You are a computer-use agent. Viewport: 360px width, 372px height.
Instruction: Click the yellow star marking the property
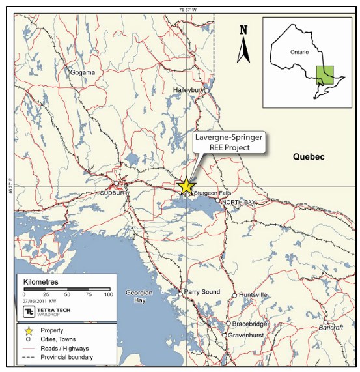tap(186, 186)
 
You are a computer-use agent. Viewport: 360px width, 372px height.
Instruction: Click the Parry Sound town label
tap(202, 291)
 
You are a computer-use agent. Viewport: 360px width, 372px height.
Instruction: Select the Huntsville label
tap(254, 295)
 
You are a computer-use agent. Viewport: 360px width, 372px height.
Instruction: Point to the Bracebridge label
tap(250, 324)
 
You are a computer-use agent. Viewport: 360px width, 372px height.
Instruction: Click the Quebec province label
tap(308, 156)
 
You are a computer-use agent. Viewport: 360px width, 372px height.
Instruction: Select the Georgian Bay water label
tap(139, 296)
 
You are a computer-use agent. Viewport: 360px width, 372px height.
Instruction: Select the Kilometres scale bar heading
tap(41, 282)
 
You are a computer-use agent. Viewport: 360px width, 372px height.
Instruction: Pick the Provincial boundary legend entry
tap(67, 358)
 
